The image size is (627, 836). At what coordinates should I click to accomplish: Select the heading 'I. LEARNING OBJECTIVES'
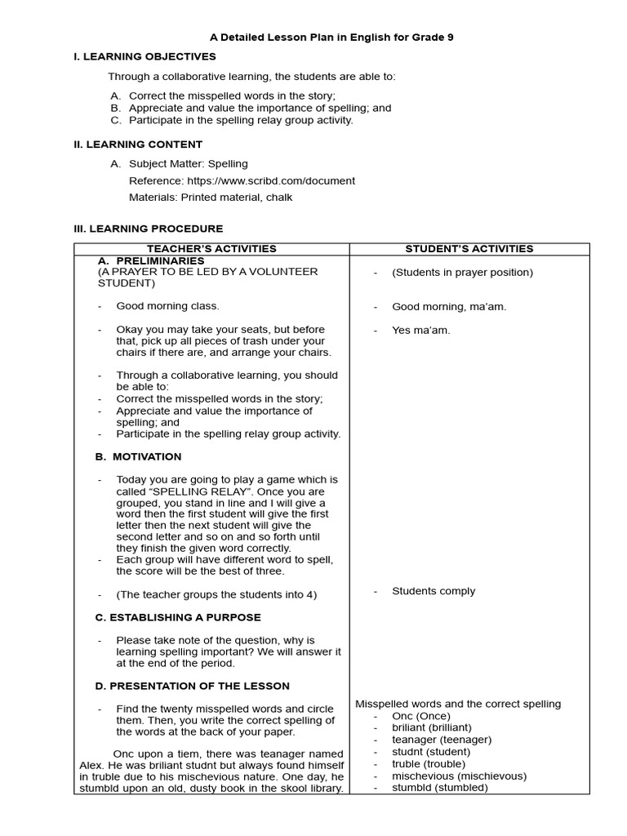[x=145, y=56]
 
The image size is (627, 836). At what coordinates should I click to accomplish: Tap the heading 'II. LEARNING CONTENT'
[x=138, y=145]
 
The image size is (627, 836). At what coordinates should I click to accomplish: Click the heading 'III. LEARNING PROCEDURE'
[x=148, y=229]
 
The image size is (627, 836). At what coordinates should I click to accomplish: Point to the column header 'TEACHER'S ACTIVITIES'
[x=211, y=249]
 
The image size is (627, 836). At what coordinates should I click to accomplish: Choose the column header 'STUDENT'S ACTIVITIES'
[x=469, y=249]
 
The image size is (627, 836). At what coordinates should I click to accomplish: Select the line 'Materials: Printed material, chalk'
[x=211, y=197]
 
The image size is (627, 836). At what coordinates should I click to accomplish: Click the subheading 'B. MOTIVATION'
[x=139, y=456]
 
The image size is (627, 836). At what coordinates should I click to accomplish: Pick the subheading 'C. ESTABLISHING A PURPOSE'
[x=178, y=617]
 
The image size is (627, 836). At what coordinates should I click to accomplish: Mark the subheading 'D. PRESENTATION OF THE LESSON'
[x=193, y=686]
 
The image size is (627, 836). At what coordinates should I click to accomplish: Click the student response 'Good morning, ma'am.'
[x=449, y=307]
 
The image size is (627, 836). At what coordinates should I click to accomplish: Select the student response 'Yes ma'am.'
[x=421, y=330]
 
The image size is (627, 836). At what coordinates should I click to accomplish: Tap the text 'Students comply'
[x=434, y=591]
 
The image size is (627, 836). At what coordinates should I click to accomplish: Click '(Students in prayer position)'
[x=462, y=273]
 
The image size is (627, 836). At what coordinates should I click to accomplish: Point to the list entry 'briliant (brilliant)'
[x=432, y=727]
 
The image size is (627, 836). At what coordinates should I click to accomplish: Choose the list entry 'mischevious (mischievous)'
[x=459, y=776]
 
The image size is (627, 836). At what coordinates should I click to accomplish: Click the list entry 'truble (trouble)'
[x=429, y=764]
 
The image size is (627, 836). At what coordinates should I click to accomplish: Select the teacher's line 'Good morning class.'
[x=167, y=306]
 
